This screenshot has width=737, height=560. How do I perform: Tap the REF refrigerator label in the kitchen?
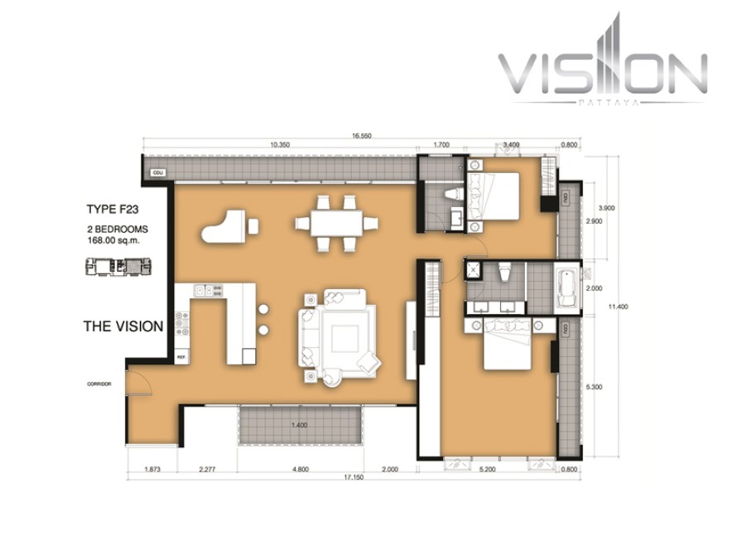point(181,357)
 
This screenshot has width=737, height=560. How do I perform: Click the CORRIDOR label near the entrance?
point(99,384)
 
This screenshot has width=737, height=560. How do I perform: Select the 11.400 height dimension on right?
point(618,307)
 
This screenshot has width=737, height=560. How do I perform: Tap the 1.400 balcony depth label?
point(299,425)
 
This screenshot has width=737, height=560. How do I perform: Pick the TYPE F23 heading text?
point(116,210)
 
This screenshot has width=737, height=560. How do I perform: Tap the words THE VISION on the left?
point(123,326)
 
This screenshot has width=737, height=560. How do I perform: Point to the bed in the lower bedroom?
point(506,350)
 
